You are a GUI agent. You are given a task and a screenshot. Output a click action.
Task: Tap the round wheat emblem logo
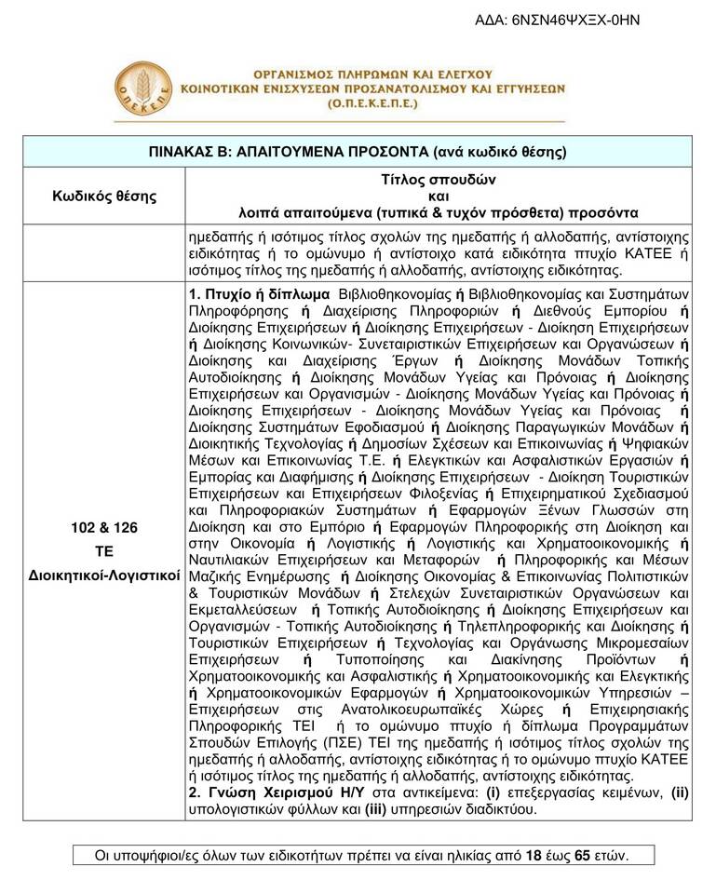pos(142,90)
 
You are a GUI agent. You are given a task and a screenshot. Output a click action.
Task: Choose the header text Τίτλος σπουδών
pos(439,179)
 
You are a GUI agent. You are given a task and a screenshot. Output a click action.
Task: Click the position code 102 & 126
pos(103,528)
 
